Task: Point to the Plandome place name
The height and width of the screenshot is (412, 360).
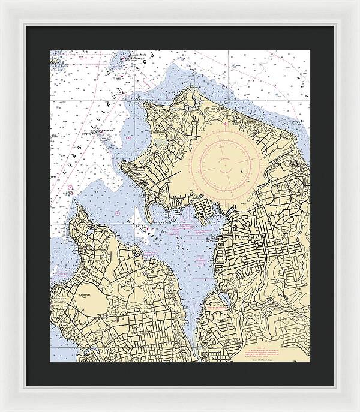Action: [x=217, y=311]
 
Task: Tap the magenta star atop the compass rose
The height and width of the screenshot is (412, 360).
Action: [x=226, y=124]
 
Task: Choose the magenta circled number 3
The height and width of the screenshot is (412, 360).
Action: [x=129, y=138]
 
